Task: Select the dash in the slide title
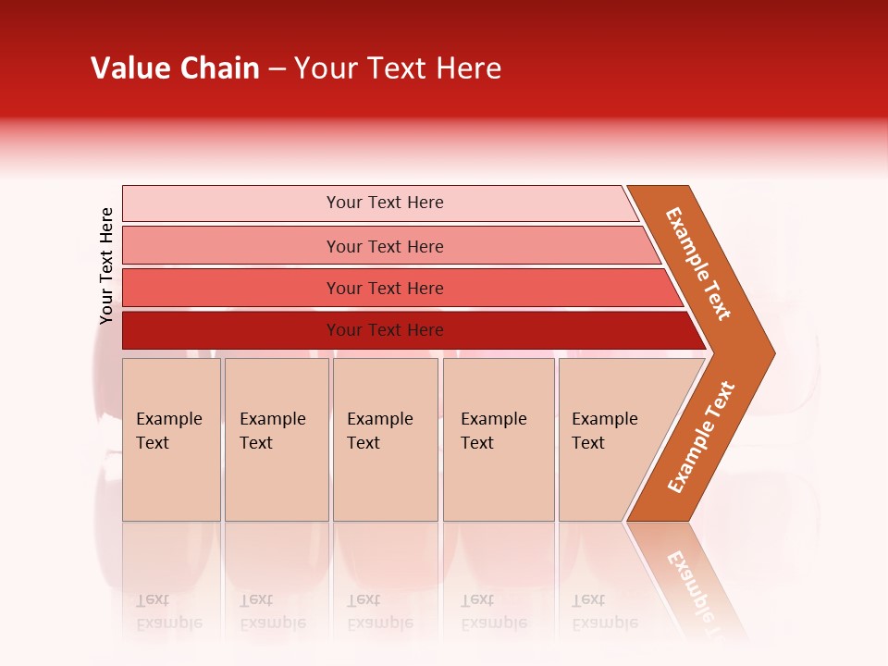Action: click(x=277, y=69)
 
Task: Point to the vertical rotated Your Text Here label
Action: click(x=106, y=265)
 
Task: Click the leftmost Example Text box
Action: click(x=171, y=439)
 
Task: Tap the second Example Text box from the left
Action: click(x=276, y=439)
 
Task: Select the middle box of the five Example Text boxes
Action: click(x=385, y=439)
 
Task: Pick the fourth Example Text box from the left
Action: click(x=498, y=439)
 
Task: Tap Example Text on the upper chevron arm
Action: click(x=698, y=264)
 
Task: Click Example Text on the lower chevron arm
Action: click(x=701, y=437)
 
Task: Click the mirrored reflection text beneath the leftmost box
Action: click(x=168, y=611)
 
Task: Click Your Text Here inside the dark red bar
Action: click(x=385, y=330)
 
